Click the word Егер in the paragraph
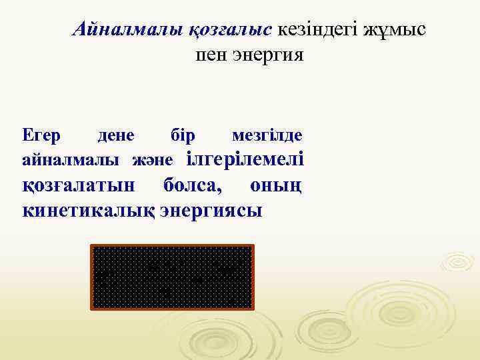[x=41, y=135]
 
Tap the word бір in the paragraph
[x=183, y=135]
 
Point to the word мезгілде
[x=267, y=135]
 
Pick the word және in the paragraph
[x=153, y=160]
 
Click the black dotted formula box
[x=172, y=277]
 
